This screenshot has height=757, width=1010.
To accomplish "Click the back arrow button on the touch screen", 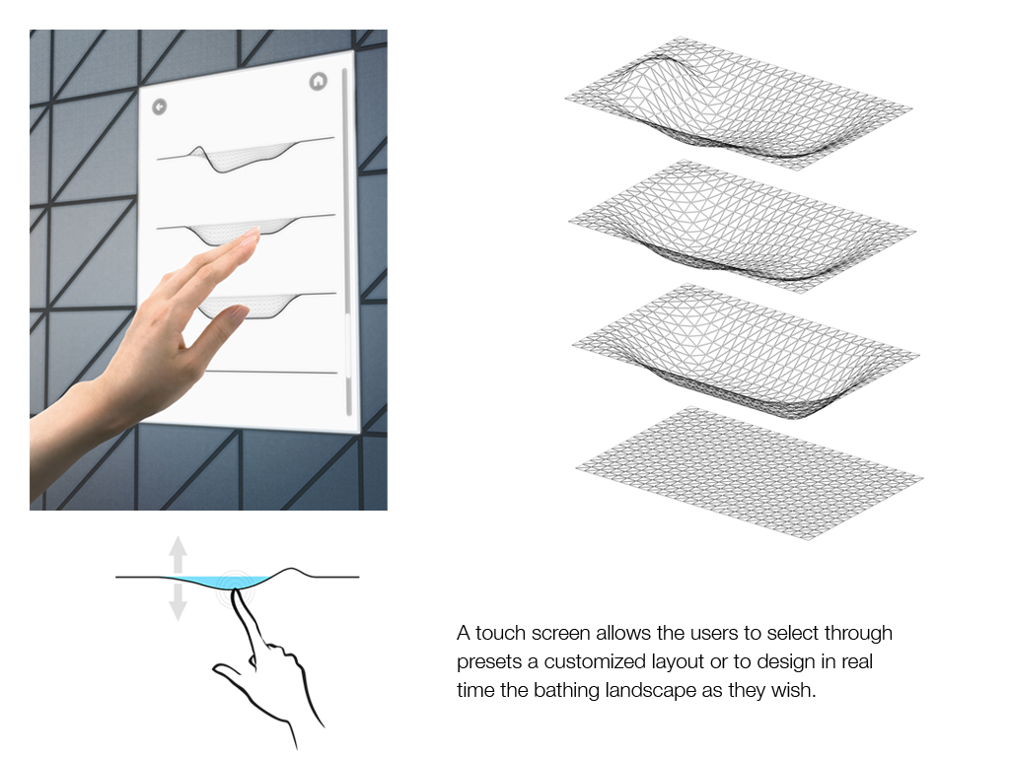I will (160, 106).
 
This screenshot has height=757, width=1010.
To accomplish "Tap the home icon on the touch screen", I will (317, 82).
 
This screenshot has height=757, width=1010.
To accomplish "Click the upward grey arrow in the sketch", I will (177, 549).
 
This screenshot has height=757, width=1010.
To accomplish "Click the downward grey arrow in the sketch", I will (177, 602).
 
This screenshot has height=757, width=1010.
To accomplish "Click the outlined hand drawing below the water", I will (266, 670).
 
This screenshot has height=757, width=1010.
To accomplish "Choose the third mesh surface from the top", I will (742, 350).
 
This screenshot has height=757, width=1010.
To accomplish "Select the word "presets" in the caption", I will (487, 661).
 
